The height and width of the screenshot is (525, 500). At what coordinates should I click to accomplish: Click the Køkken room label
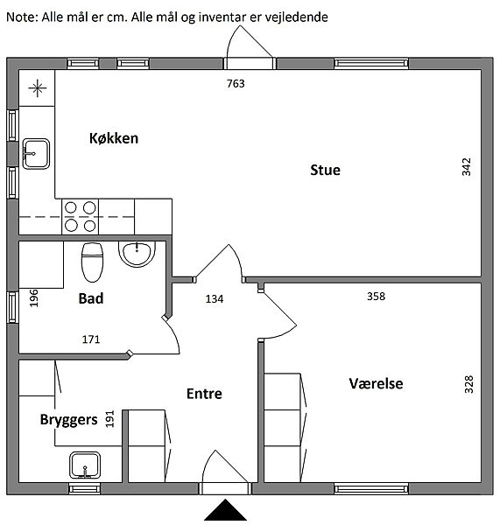[114, 138]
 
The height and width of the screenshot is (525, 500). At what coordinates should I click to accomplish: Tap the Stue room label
[325, 170]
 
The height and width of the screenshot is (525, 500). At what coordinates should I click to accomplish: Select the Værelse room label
[376, 384]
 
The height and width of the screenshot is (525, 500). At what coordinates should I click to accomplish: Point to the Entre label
[204, 394]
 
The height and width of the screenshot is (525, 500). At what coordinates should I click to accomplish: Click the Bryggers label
[68, 420]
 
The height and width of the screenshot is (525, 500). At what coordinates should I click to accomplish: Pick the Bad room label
[91, 298]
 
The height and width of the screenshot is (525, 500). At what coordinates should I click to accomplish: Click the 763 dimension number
[236, 83]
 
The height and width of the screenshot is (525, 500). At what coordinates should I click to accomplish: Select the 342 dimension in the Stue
[466, 167]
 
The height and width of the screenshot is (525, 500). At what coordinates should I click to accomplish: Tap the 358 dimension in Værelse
[376, 297]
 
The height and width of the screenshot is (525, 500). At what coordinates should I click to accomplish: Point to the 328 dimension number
[468, 384]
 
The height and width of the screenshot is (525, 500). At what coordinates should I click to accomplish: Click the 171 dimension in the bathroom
[91, 339]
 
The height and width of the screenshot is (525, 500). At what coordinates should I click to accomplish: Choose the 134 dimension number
[215, 298]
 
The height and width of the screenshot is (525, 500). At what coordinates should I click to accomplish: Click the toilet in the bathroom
[92, 262]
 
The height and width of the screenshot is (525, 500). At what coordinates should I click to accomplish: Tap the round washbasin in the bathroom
[137, 254]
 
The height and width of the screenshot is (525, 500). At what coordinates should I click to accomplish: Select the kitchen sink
[36, 154]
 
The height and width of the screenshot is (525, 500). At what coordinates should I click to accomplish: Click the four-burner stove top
[80, 217]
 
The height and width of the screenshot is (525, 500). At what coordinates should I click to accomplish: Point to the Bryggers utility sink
[85, 465]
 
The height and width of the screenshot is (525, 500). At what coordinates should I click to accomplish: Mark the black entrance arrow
[225, 510]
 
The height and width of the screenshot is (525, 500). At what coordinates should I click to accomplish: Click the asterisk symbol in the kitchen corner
[37, 88]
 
